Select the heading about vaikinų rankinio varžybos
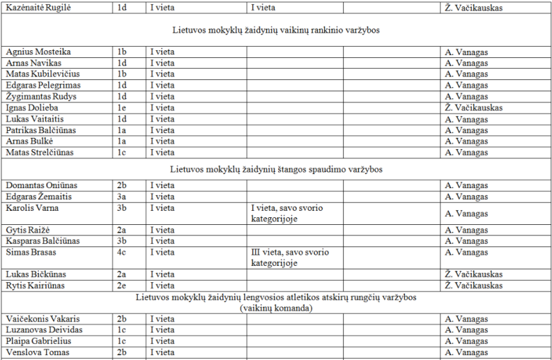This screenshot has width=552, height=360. (x=276, y=30)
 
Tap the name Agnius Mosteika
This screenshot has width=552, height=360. (x=38, y=52)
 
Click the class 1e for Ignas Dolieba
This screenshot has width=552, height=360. (x=122, y=108)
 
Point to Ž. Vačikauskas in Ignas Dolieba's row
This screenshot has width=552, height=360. (x=473, y=108)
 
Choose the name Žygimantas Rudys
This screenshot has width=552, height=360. (x=41, y=97)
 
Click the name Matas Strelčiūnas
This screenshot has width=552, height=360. (x=40, y=153)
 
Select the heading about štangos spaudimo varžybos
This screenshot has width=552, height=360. (x=276, y=170)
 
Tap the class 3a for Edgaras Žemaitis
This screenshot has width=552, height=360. (x=122, y=197)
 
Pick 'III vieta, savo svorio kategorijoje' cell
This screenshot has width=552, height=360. (x=289, y=257)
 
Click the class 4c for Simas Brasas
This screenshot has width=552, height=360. (x=122, y=252)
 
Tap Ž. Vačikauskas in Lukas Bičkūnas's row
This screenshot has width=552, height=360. (x=473, y=274)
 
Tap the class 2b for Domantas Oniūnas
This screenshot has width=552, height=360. (x=122, y=185)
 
